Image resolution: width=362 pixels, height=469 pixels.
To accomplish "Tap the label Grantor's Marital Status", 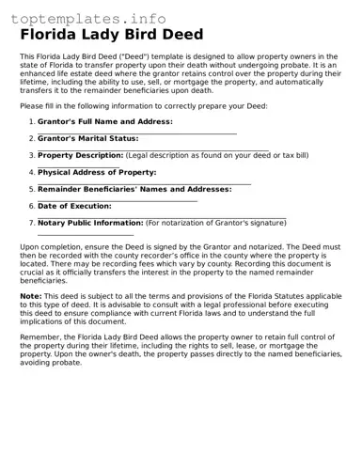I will pyautogui.click(x=87, y=138).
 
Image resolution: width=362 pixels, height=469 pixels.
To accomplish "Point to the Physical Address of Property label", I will pyautogui.click(x=96, y=172).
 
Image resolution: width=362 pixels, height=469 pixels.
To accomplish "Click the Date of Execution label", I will pyautogui.click(x=74, y=206).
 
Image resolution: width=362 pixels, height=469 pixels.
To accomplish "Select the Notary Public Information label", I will pyautogui.click(x=90, y=223).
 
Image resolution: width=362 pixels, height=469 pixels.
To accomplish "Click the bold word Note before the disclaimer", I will pyautogui.click(x=30, y=296).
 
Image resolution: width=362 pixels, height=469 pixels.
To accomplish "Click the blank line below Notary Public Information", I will pyautogui.click(x=86, y=234).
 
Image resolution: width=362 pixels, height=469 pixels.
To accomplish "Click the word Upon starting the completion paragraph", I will pyautogui.click(x=29, y=246).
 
